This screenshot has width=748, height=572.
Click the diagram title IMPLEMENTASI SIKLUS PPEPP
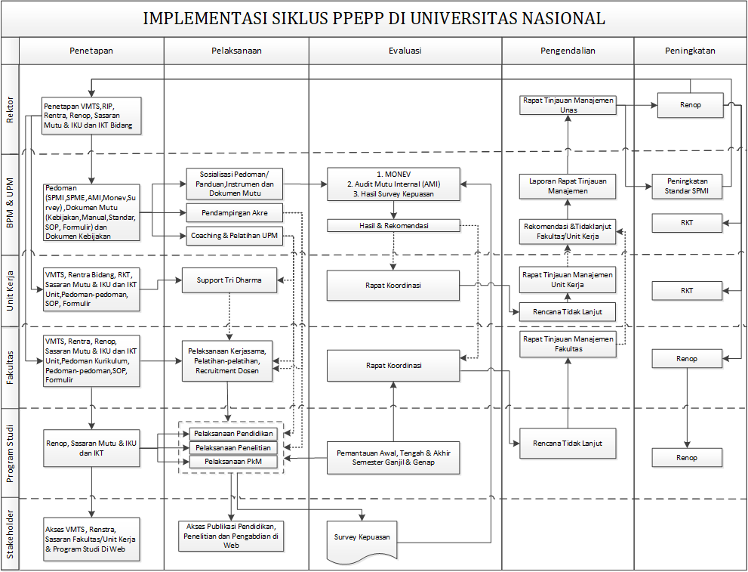[374, 18]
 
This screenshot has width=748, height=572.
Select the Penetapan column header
[91, 51]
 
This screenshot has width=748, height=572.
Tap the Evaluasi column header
[405, 51]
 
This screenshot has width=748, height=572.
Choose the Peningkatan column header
[690, 51]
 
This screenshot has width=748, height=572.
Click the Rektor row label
[10, 110]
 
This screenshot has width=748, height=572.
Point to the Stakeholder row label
[10, 533]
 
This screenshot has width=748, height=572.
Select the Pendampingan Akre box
[234, 213]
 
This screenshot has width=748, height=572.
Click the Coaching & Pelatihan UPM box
[234, 236]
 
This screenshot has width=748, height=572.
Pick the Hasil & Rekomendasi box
[393, 225]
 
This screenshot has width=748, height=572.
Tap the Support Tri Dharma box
[229, 280]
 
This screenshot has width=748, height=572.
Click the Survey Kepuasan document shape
[362, 540]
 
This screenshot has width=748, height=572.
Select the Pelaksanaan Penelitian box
[233, 448]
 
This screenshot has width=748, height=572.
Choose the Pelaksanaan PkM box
[233, 462]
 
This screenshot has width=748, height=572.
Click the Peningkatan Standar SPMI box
[687, 186]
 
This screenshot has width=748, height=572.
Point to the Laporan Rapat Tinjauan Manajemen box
[568, 186]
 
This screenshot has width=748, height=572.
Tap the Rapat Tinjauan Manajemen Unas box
[568, 105]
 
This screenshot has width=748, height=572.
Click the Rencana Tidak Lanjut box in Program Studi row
[568, 444]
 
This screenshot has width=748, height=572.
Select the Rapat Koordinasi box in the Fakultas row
[393, 366]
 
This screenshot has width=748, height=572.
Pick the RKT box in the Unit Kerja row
[687, 291]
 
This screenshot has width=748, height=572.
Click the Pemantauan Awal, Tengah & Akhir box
[393, 458]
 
